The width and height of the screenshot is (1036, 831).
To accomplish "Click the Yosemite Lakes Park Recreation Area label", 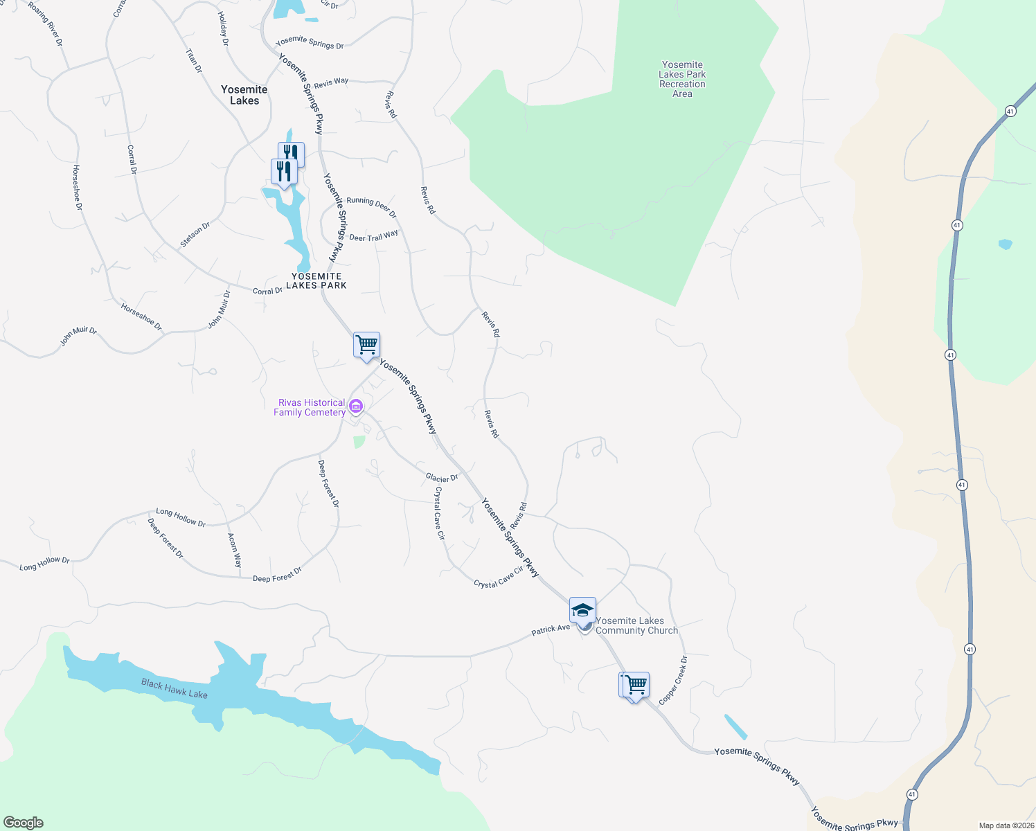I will (682, 79).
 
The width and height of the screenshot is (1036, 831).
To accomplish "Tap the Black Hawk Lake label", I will (175, 689).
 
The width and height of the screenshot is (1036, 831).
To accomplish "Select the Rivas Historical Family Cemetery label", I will (310, 407).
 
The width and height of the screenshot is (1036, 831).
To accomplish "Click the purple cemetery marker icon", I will (356, 405).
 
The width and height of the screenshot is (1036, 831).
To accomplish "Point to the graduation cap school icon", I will (582, 610).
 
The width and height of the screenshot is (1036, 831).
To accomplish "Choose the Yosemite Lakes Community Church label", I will (636, 625).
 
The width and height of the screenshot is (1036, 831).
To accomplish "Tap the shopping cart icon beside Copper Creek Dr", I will (634, 686).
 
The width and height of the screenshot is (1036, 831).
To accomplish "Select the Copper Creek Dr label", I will (673, 681).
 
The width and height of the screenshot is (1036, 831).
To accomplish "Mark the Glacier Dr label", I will (442, 477).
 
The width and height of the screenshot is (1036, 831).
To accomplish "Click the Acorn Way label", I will (235, 550).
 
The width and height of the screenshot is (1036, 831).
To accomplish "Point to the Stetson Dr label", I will (195, 234).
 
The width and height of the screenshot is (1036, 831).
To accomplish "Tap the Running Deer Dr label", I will (371, 206).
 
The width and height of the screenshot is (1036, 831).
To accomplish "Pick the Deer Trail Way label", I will (374, 236).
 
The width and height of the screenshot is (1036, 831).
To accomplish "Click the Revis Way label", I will (331, 82).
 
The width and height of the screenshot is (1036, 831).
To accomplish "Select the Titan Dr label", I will (194, 60).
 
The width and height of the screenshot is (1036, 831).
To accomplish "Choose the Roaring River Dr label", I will (46, 24).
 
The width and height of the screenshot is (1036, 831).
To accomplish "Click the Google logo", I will (23, 823).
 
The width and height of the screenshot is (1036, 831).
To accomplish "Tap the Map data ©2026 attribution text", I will (1006, 825).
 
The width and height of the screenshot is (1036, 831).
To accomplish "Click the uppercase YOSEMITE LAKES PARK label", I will (316, 280).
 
